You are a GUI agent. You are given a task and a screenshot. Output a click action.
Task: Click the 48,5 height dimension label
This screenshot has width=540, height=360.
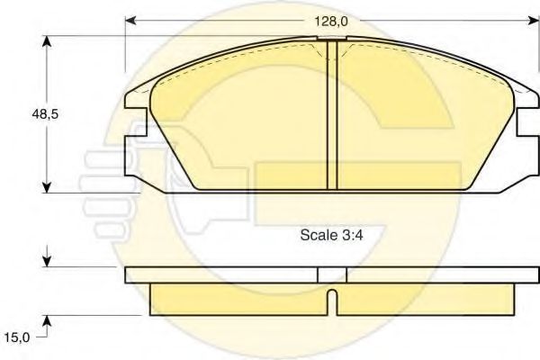pyautogui.click(x=33, y=114)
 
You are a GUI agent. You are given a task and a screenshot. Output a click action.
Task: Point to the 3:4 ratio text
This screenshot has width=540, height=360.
pyautogui.click(x=350, y=236)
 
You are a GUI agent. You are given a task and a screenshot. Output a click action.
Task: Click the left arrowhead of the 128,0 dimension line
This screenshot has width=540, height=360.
pyautogui.click(x=130, y=20)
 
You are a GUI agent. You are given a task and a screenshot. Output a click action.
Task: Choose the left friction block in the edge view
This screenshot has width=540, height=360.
pyautogui.click(x=238, y=299)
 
